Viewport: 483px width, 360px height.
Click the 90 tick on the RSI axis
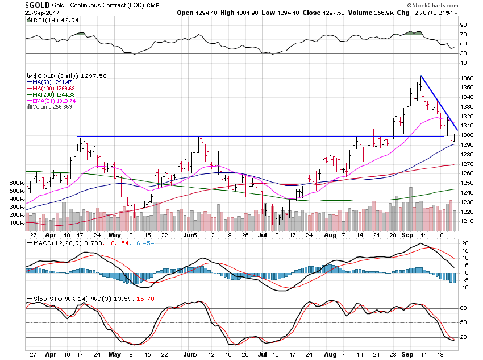pyautogui.click(x=463, y=25)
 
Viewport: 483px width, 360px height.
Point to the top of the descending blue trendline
pyautogui.click(x=420, y=76)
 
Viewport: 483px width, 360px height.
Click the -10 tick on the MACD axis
pyautogui.click(x=464, y=287)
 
